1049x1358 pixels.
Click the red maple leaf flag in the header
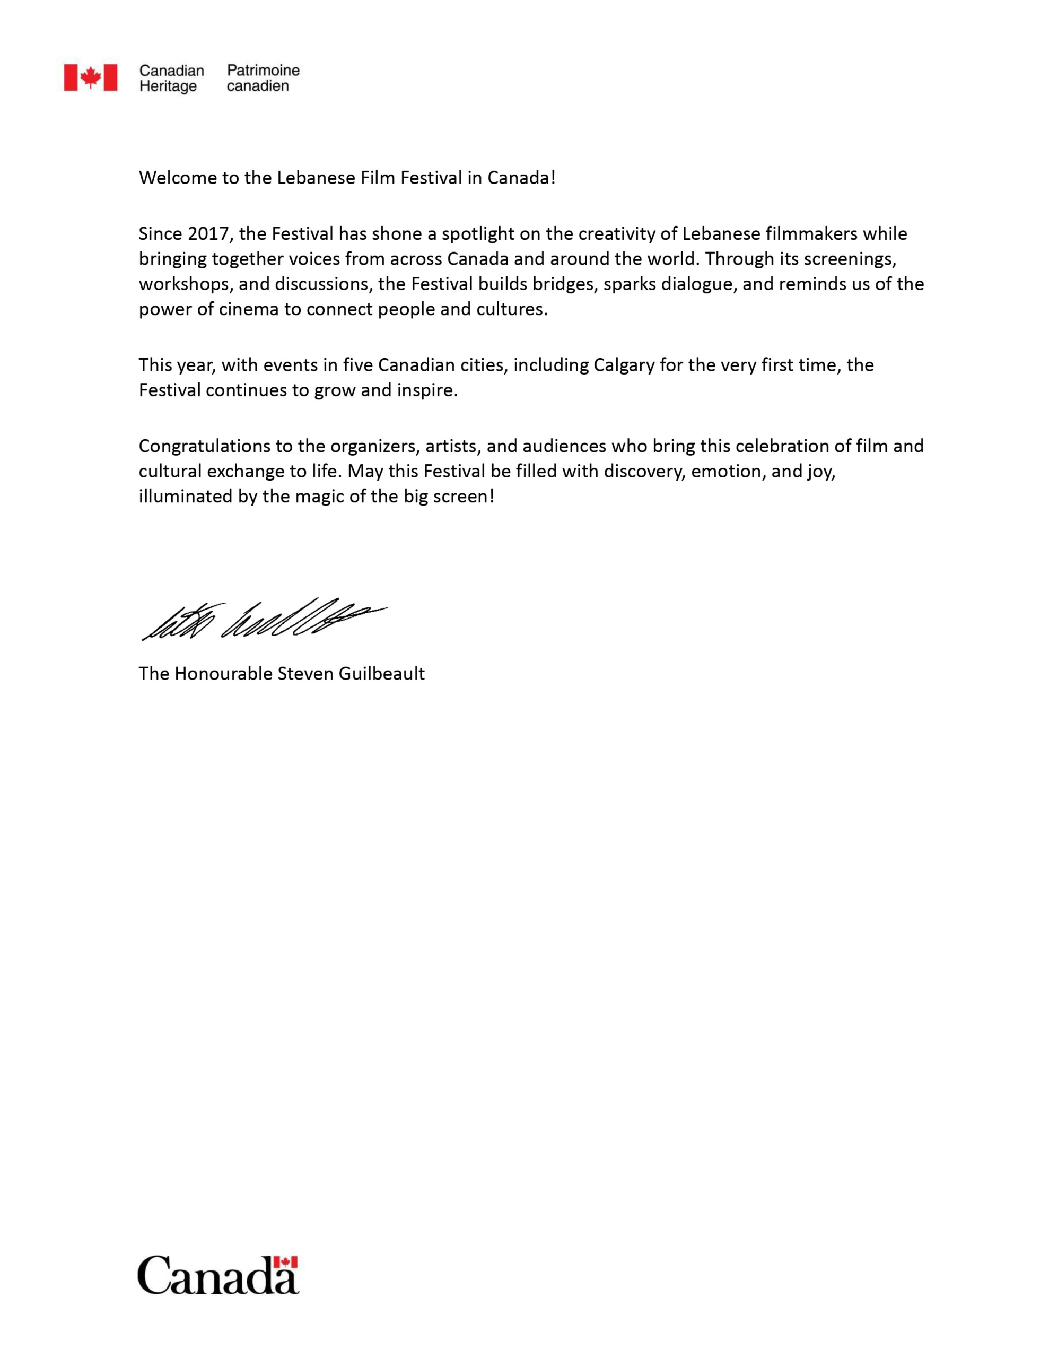(90, 78)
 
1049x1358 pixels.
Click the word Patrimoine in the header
(263, 70)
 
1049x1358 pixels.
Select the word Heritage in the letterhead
(168, 86)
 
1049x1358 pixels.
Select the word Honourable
(223, 673)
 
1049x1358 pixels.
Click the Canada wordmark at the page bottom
(217, 1276)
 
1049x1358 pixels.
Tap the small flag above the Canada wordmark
(285, 1261)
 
